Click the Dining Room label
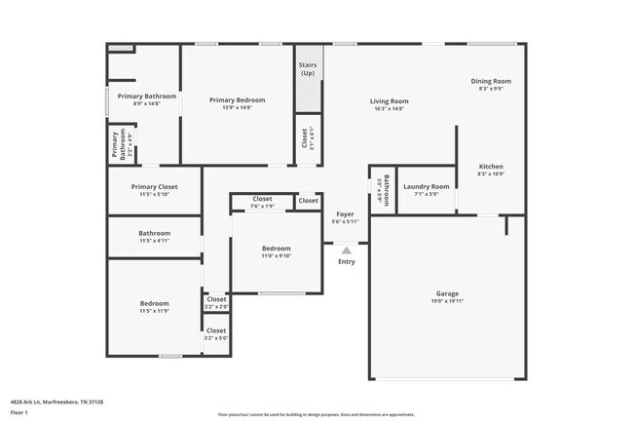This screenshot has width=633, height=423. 490,81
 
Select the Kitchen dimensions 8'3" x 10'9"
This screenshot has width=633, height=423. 491,174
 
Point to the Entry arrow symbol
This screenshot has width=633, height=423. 346,250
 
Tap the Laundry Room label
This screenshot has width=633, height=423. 426,186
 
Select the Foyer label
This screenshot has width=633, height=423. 346,213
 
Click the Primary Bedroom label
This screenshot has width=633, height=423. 238,100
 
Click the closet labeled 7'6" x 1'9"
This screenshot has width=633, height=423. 262,206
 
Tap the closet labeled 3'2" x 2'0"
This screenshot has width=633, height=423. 215,307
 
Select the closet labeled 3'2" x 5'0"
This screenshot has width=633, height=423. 215,338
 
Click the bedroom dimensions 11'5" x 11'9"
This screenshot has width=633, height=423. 154,311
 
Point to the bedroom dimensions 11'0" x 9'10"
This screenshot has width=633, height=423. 276,256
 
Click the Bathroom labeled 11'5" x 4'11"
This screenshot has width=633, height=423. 154,233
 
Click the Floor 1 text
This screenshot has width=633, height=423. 19,412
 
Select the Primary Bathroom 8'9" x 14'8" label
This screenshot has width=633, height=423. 146,96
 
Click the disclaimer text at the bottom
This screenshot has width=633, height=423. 316,413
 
